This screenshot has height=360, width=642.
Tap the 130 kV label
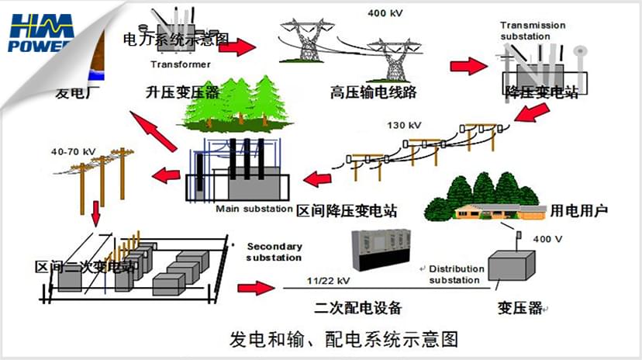pos(403,125)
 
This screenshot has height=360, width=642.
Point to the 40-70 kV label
pos(69,151)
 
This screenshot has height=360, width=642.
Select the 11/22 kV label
pos(328,279)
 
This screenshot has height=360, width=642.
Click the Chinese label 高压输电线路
pos(373,92)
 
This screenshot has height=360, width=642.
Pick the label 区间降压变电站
pos(347,210)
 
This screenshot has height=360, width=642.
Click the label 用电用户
pos(581,209)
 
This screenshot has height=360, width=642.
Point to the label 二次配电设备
pos(358,307)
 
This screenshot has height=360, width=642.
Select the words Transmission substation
pos(533,31)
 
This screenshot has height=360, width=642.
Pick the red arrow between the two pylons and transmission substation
pos(468,65)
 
